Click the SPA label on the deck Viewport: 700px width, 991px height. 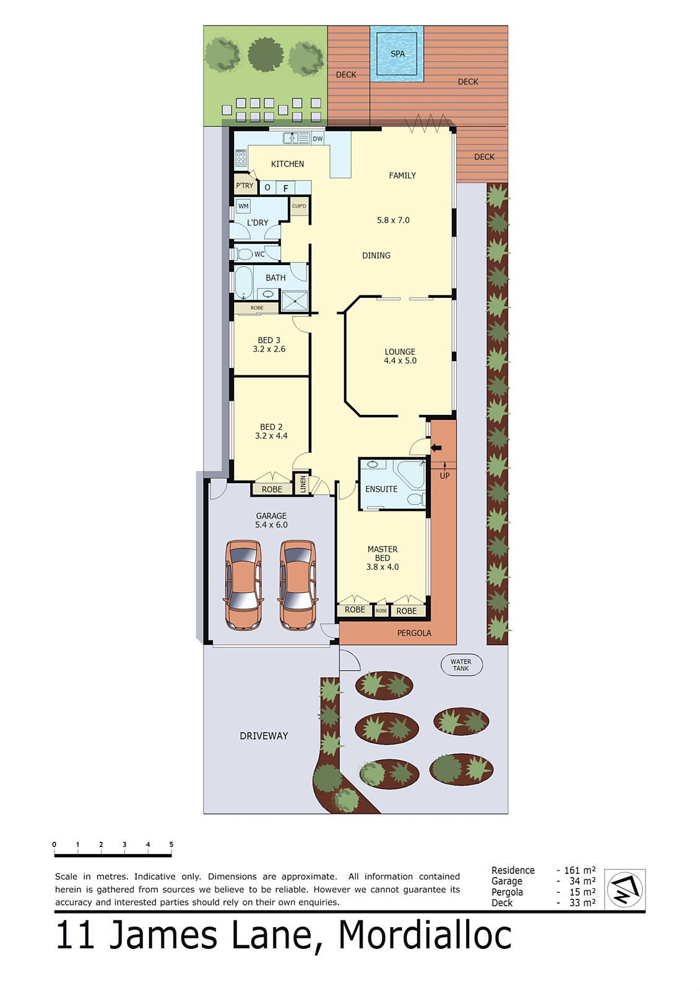[397, 54]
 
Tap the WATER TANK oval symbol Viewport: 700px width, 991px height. [461, 665]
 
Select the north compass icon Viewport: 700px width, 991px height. [624, 889]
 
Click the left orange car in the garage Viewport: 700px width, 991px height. [243, 585]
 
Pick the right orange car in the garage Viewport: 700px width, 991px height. [298, 585]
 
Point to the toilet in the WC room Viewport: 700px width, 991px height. [244, 254]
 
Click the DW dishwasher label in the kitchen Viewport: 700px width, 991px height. [318, 139]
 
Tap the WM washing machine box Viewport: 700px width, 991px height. [243, 206]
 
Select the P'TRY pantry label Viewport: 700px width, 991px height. [244, 185]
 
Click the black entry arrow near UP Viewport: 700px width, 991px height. [436, 448]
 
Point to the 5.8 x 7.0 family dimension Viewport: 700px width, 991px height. [393, 220]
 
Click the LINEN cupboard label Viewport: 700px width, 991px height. [303, 484]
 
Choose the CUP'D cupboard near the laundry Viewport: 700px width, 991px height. [299, 206]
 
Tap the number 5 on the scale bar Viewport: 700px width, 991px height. [171, 844]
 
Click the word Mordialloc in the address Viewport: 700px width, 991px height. [425, 935]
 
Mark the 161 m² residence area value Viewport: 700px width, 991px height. [579, 870]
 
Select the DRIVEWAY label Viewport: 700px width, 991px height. [264, 736]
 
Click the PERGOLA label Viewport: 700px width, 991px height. [414, 633]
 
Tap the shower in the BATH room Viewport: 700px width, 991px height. [295, 301]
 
